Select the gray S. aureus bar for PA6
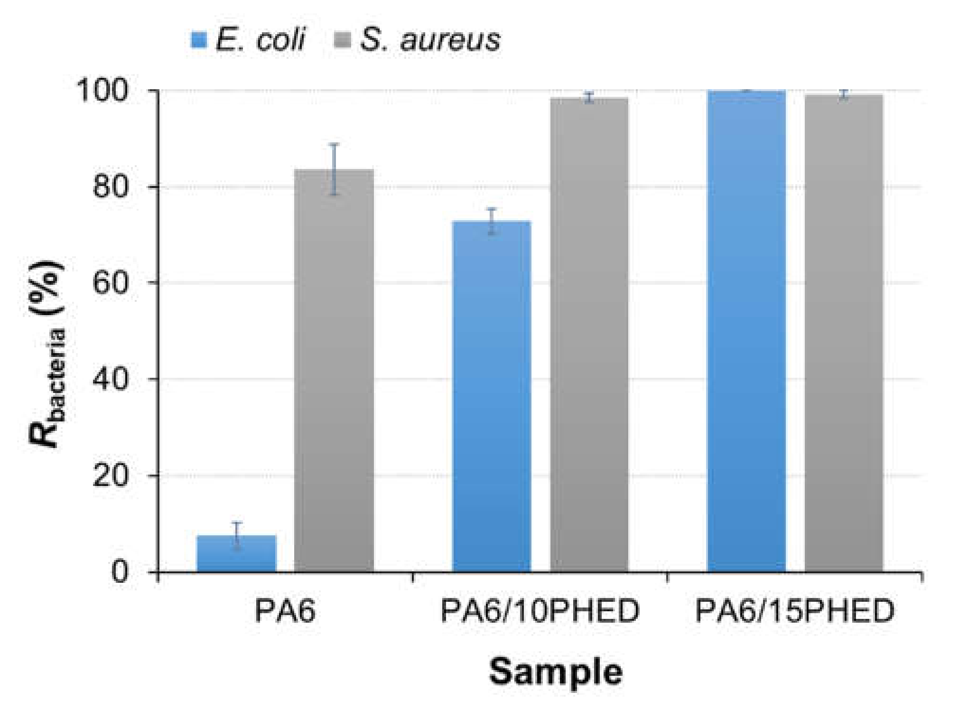(x=334, y=370)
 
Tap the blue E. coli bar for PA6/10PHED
(x=492, y=396)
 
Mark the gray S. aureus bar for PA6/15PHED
(x=844, y=332)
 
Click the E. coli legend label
(x=260, y=39)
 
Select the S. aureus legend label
(x=430, y=39)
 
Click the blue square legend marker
(x=199, y=40)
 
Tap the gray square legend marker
(x=343, y=40)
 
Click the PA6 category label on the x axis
(x=285, y=611)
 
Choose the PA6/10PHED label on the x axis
(x=540, y=611)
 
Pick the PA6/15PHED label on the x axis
(x=795, y=611)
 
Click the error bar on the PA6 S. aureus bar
(x=334, y=169)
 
